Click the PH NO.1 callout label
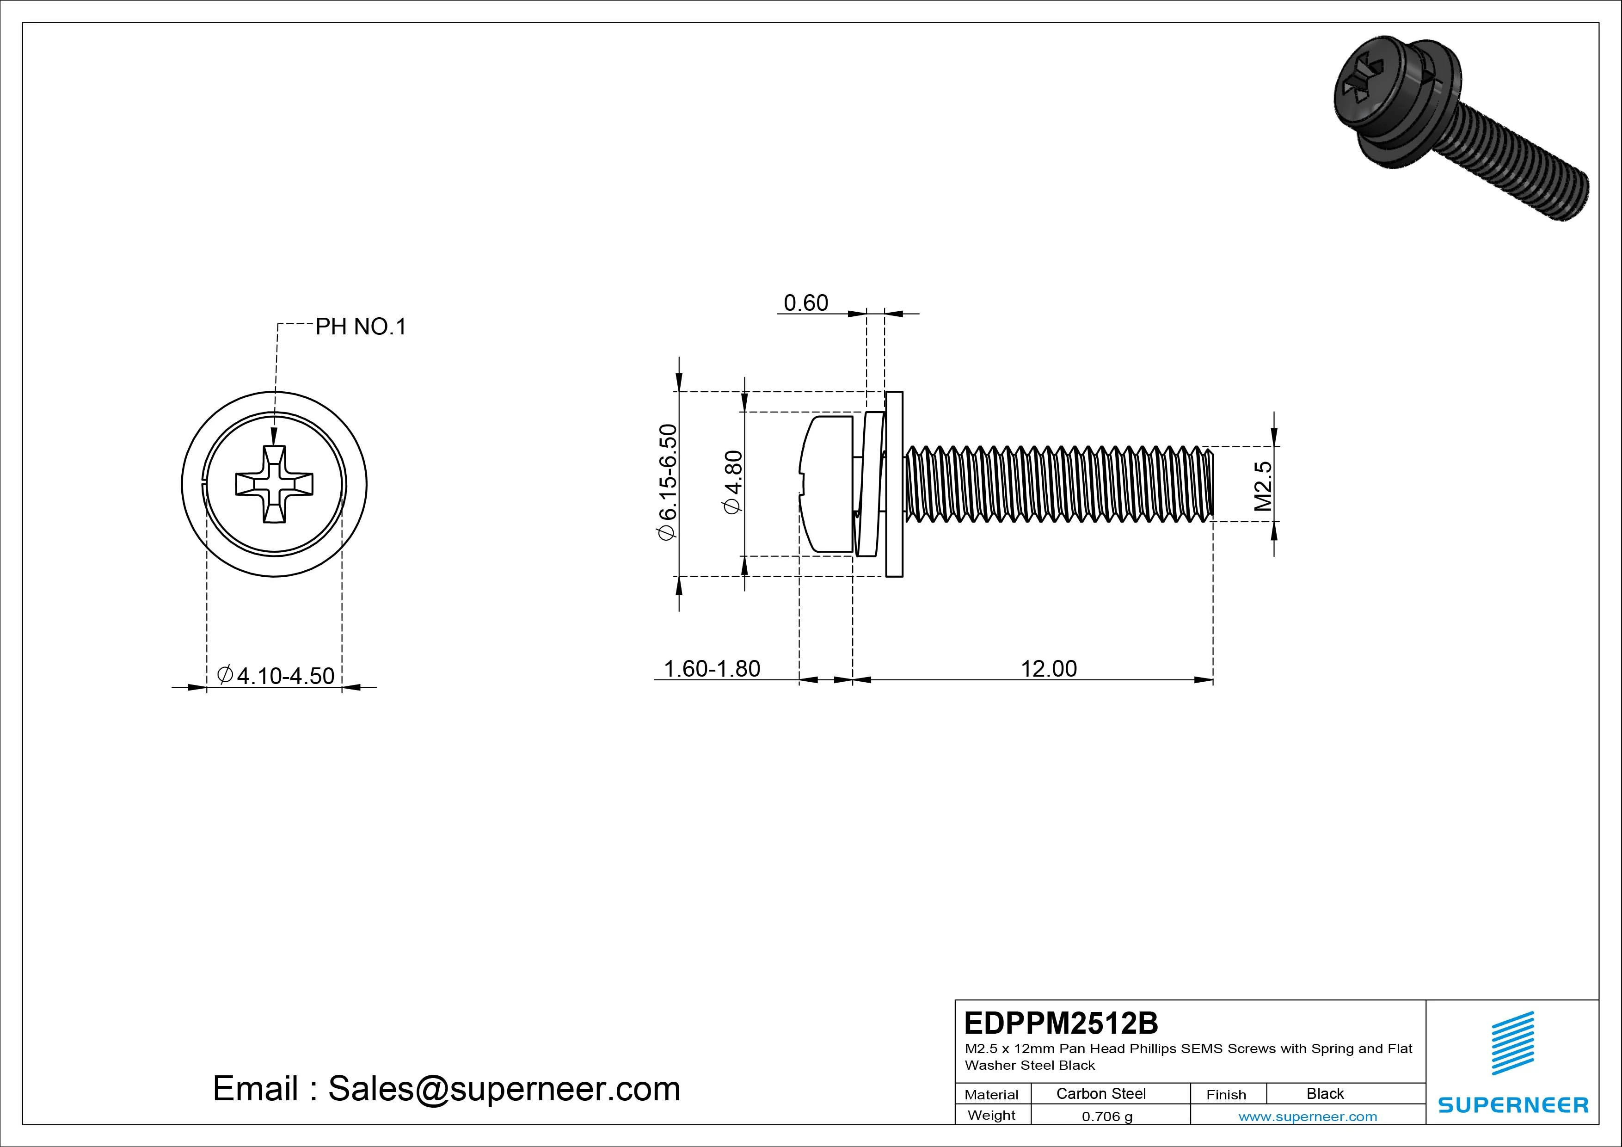[x=360, y=327]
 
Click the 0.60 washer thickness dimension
[x=805, y=303]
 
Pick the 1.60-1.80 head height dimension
[x=712, y=669]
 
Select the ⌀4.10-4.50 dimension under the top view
[x=276, y=676]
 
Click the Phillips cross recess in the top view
[x=274, y=485]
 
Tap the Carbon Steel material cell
[x=1100, y=1093]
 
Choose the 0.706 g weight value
[x=1107, y=1116]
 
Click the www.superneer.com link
[x=1308, y=1116]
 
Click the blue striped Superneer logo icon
[x=1512, y=1043]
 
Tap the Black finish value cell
[x=1325, y=1093]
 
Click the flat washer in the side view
[x=894, y=484]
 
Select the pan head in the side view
[x=827, y=484]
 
